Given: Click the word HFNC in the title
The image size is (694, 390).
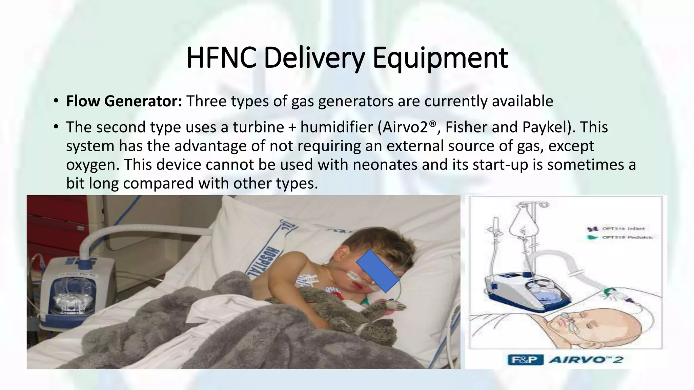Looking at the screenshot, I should click(221, 58).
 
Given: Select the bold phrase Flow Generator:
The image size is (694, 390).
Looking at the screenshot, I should click(124, 101).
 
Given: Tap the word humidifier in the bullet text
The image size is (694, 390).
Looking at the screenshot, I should click(336, 127).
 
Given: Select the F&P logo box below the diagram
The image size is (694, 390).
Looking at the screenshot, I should click(525, 359).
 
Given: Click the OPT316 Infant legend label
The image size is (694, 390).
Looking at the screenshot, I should click(624, 229).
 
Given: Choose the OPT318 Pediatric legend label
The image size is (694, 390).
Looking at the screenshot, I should click(627, 237).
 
